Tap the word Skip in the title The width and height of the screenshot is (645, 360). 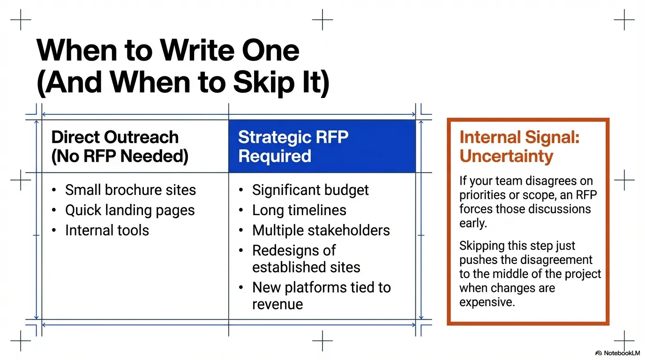[x=264, y=82]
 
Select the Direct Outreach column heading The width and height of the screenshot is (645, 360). [x=120, y=146]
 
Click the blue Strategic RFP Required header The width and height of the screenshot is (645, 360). [x=322, y=146]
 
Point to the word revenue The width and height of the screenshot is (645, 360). [x=277, y=304]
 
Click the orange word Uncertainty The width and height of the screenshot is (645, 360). [x=506, y=156]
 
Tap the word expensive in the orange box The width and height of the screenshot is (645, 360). [x=487, y=302]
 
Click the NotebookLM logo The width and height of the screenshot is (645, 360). [x=618, y=353]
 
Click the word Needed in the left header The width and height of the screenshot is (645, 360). [x=154, y=156]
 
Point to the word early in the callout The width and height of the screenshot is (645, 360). [x=473, y=224]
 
